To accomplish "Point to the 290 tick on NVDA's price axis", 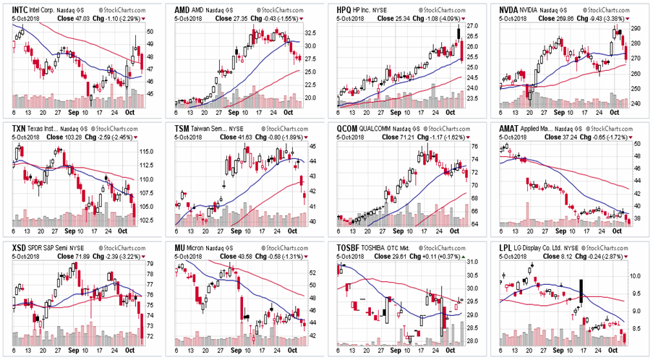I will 637,28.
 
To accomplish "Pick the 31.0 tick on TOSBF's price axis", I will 474,262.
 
